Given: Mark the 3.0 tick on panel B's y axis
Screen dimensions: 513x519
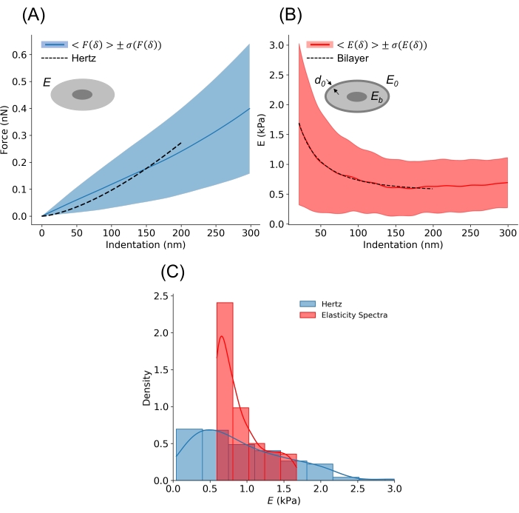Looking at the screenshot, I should pos(279,45).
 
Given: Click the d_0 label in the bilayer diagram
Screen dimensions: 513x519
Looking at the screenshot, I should pos(319,81).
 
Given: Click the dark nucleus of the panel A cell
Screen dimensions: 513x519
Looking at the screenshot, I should pos(82,95).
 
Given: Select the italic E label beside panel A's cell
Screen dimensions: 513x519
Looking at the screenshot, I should pos(47,84).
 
